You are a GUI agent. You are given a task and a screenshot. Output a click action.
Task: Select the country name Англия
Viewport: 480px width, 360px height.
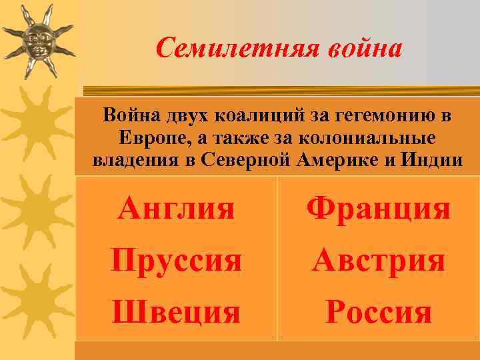tap(176, 209)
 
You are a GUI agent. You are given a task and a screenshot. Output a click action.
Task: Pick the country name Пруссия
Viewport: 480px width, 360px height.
tap(176, 260)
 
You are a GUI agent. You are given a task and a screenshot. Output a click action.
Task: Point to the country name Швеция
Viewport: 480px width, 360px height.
tap(176, 311)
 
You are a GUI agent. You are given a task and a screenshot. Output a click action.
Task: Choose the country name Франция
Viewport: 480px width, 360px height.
tap(378, 209)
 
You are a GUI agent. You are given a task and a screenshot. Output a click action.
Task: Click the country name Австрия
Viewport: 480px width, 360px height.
tap(378, 260)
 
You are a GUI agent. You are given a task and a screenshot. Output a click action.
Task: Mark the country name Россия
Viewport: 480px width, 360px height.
tap(378, 311)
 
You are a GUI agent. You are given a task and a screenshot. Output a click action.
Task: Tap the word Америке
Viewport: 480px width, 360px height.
tap(337, 161)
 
